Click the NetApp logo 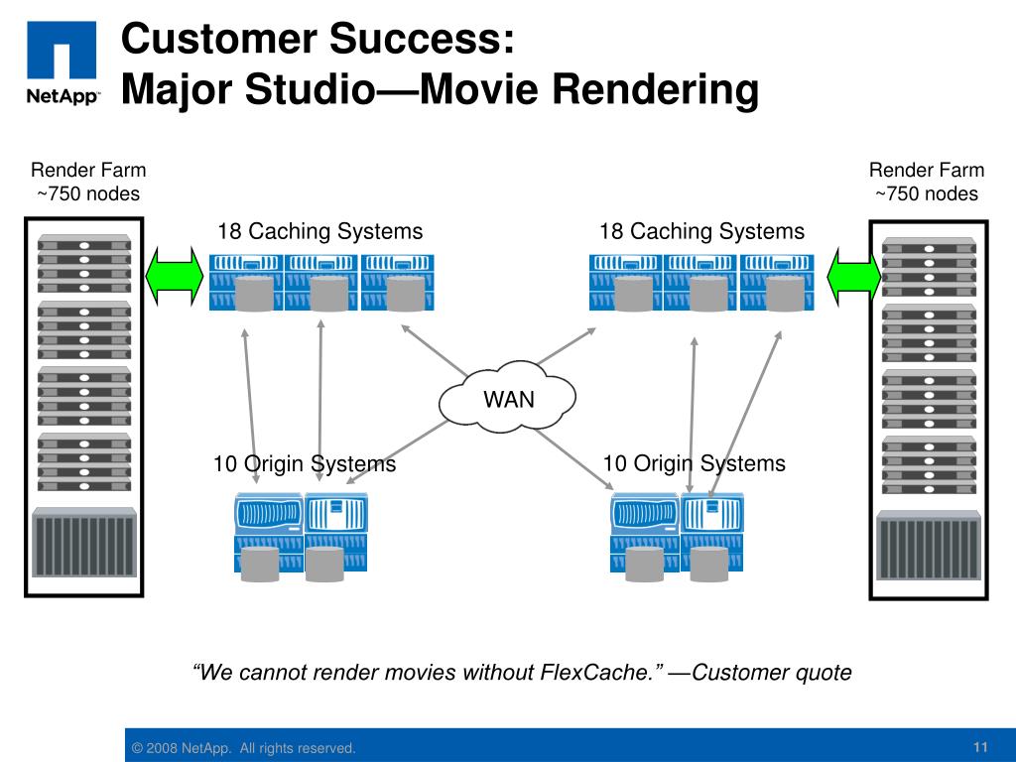(63, 63)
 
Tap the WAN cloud (507, 397)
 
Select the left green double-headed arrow (175, 276)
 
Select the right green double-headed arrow (854, 277)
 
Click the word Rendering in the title (655, 88)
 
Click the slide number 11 (980, 747)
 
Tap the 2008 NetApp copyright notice (244, 748)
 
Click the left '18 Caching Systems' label (320, 231)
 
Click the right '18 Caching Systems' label (701, 231)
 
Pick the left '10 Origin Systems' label (305, 464)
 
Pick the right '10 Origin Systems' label (694, 463)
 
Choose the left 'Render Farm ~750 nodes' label (88, 182)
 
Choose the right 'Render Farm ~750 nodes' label (927, 182)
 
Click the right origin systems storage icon (677, 537)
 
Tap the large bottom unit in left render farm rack (84, 543)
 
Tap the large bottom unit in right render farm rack (929, 546)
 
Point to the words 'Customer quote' (772, 672)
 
